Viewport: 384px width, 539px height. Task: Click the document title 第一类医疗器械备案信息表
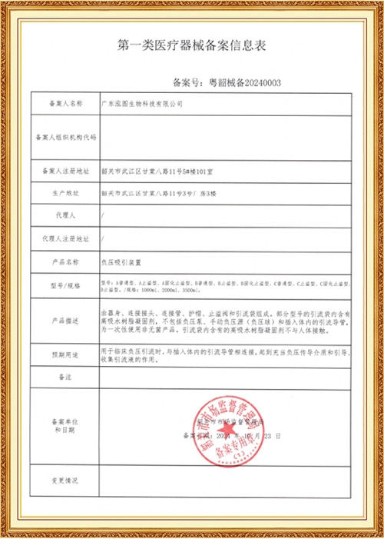(192, 45)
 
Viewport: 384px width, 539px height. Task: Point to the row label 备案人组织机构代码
(65, 138)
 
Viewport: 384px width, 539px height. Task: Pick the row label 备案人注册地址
(65, 171)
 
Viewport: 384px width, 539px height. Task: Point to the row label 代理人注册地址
(65, 239)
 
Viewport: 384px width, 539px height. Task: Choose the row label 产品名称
(65, 261)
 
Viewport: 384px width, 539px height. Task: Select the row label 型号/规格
(65, 287)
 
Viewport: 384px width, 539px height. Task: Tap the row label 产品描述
(65, 319)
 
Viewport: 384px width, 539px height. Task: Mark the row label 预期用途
(65, 354)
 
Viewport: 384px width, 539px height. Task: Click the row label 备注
(65, 378)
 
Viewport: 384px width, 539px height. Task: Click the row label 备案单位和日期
(65, 426)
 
